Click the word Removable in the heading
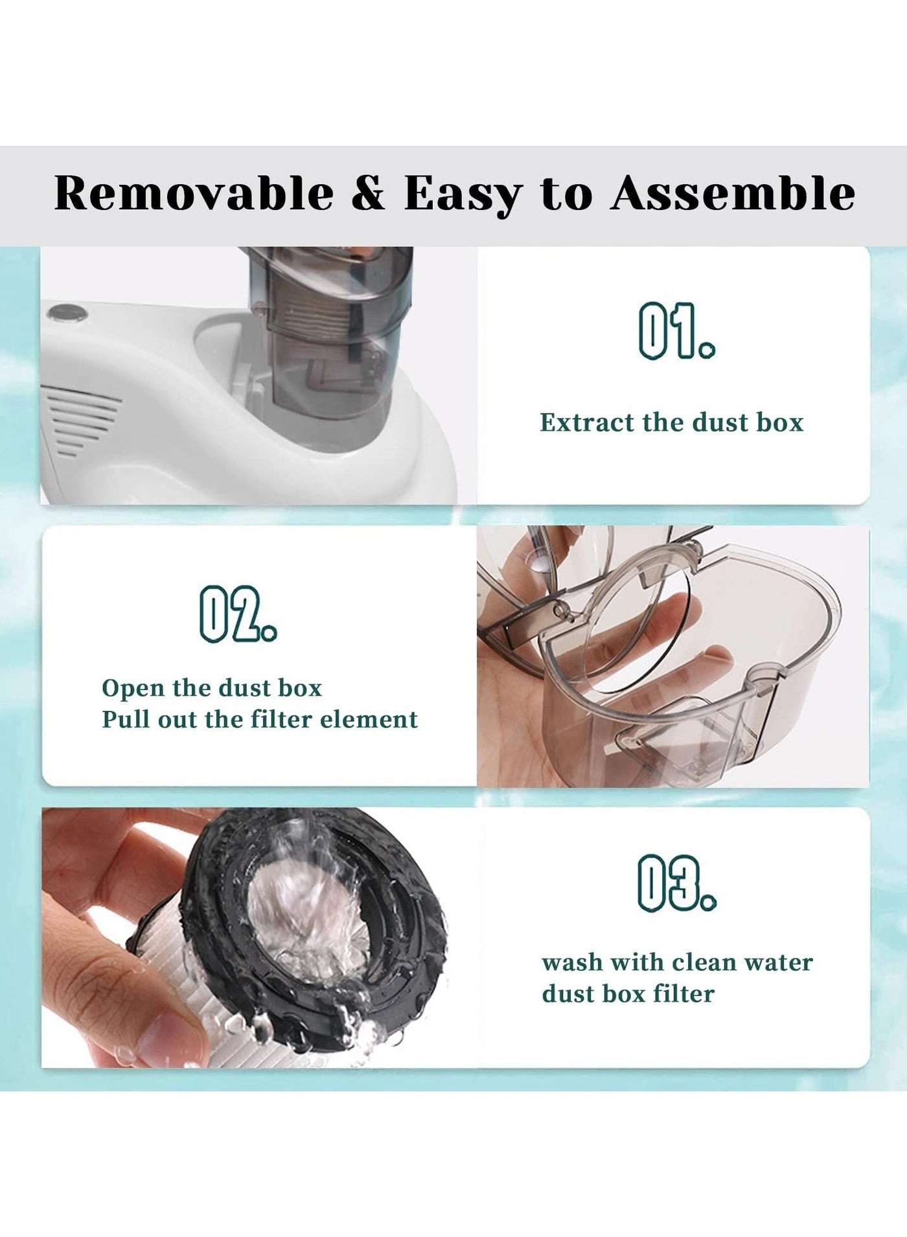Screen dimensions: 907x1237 (194, 194)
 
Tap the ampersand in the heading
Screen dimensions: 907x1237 (369, 194)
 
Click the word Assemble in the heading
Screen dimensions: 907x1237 (733, 194)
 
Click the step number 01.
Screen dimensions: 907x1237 (676, 330)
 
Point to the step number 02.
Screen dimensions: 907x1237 (238, 614)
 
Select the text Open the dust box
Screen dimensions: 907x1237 (211, 688)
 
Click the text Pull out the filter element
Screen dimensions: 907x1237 (260, 720)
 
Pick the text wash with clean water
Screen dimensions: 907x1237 (677, 963)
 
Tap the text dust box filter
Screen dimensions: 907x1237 (628, 994)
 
